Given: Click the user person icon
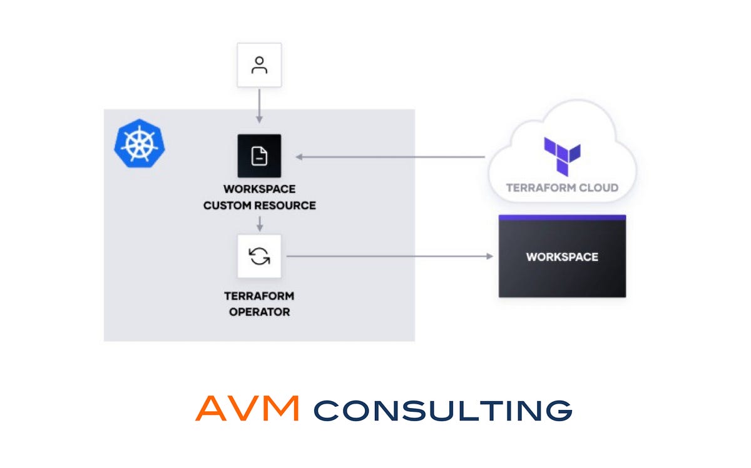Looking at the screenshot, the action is (259, 65).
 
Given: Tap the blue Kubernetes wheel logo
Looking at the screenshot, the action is (140, 143).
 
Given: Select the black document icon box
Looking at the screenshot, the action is (259, 156).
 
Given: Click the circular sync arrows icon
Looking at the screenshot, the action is (259, 256).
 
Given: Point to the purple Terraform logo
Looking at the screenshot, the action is (562, 156).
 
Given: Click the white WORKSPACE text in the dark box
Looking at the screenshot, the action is (562, 257).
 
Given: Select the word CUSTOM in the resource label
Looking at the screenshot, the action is (224, 205).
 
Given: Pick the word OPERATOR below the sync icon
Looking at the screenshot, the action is (260, 312).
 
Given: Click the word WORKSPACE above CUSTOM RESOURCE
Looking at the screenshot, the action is (260, 189).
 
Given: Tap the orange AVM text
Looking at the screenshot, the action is (247, 408).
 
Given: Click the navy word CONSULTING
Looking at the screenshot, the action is (443, 411).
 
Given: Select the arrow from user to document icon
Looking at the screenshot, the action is (259, 106).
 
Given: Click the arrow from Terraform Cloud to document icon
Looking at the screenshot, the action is (391, 157).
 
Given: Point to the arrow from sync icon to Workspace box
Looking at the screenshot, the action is (389, 256).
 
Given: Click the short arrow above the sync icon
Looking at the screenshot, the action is (260, 224).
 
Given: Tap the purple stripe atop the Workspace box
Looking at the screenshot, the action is (562, 217).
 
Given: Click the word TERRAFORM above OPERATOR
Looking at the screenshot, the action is (259, 296).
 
